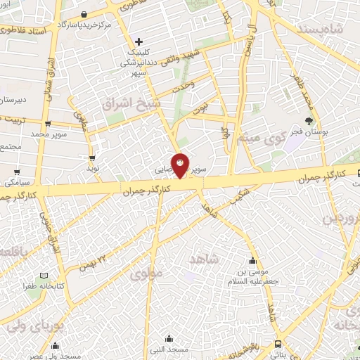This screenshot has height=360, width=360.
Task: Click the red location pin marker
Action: (181, 165)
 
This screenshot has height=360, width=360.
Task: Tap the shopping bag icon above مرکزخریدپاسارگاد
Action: (84, 14)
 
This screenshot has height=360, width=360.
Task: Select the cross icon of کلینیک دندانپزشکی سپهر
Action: (139, 42)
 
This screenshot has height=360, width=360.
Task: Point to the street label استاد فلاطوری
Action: (27, 31)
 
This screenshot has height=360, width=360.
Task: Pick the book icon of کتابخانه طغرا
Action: (46, 276)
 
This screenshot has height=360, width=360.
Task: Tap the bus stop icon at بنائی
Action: (278, 345)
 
